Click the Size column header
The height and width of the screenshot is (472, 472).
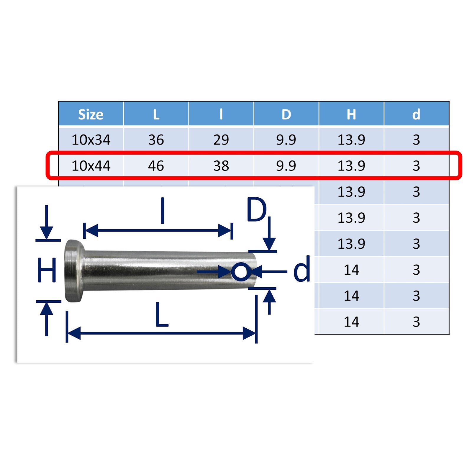pyautogui.click(x=91, y=114)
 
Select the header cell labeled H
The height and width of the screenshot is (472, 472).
pyautogui.click(x=351, y=114)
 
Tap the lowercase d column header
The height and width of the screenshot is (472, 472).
pyautogui.click(x=416, y=114)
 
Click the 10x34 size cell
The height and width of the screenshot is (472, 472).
pyautogui.click(x=91, y=140)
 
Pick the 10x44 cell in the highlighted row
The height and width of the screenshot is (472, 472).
pyautogui.click(x=91, y=165)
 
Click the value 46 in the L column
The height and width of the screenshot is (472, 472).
pyautogui.click(x=156, y=165)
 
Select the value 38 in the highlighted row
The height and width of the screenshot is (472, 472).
pyautogui.click(x=221, y=165)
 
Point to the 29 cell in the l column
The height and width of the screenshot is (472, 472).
pyautogui.click(x=221, y=140)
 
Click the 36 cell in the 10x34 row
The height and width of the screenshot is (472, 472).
pyautogui.click(x=156, y=140)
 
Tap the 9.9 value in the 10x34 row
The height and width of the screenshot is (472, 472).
pyautogui.click(x=286, y=140)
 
